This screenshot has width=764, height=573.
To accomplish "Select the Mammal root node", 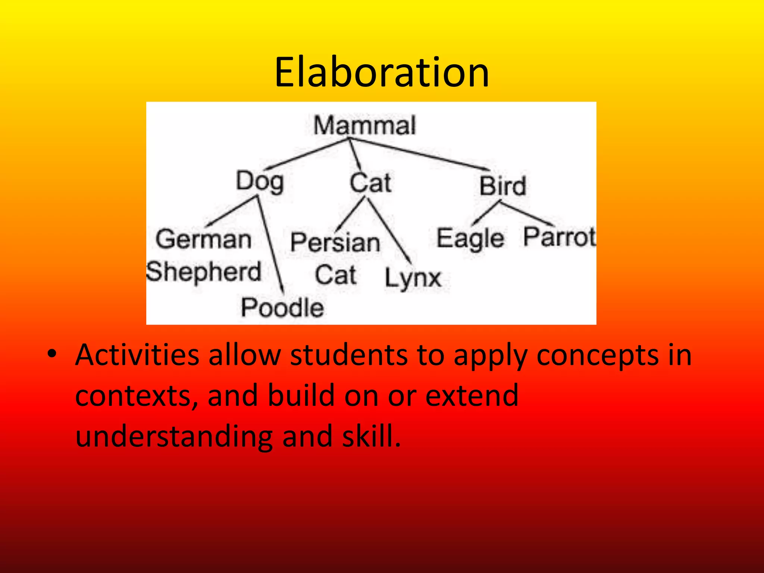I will coord(364,125).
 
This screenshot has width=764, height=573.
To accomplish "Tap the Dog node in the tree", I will coord(260,182).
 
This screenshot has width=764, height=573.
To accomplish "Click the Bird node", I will coord(502,186).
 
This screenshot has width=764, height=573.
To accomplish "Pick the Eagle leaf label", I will coord(470,239).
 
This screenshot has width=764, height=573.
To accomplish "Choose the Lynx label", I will coord(413,278).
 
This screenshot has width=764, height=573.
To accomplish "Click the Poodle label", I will coord(282,307).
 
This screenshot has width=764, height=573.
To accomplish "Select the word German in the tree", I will coord(203,239).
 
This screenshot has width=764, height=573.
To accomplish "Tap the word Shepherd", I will coord(204,272).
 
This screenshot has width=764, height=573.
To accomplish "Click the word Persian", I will coord(335,242).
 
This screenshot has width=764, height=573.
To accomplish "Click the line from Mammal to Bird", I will coord(418,154).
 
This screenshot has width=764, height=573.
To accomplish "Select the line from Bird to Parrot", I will coord(526,214).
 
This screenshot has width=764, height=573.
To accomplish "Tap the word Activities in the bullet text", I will coord(137,355).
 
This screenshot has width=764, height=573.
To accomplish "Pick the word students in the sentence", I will coord(348,355).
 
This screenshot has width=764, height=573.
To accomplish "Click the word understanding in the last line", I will coord(174,436).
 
